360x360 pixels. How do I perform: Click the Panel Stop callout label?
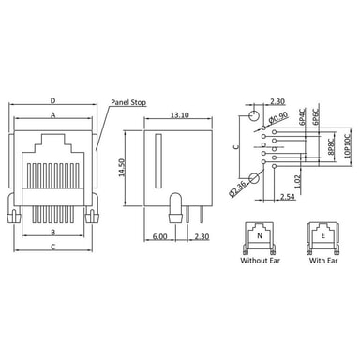coord(128,102)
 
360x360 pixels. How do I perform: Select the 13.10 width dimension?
coord(179,115)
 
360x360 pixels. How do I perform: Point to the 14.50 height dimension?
coord(122,168)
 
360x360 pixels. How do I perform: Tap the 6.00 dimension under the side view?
coord(160,236)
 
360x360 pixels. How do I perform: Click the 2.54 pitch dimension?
coord(287,196)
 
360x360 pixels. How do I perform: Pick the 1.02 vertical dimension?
coord(297,181)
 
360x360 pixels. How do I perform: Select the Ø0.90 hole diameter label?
coord(277,117)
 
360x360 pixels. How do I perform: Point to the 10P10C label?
coord(348,146)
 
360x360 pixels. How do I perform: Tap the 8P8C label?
coord(331,146)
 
